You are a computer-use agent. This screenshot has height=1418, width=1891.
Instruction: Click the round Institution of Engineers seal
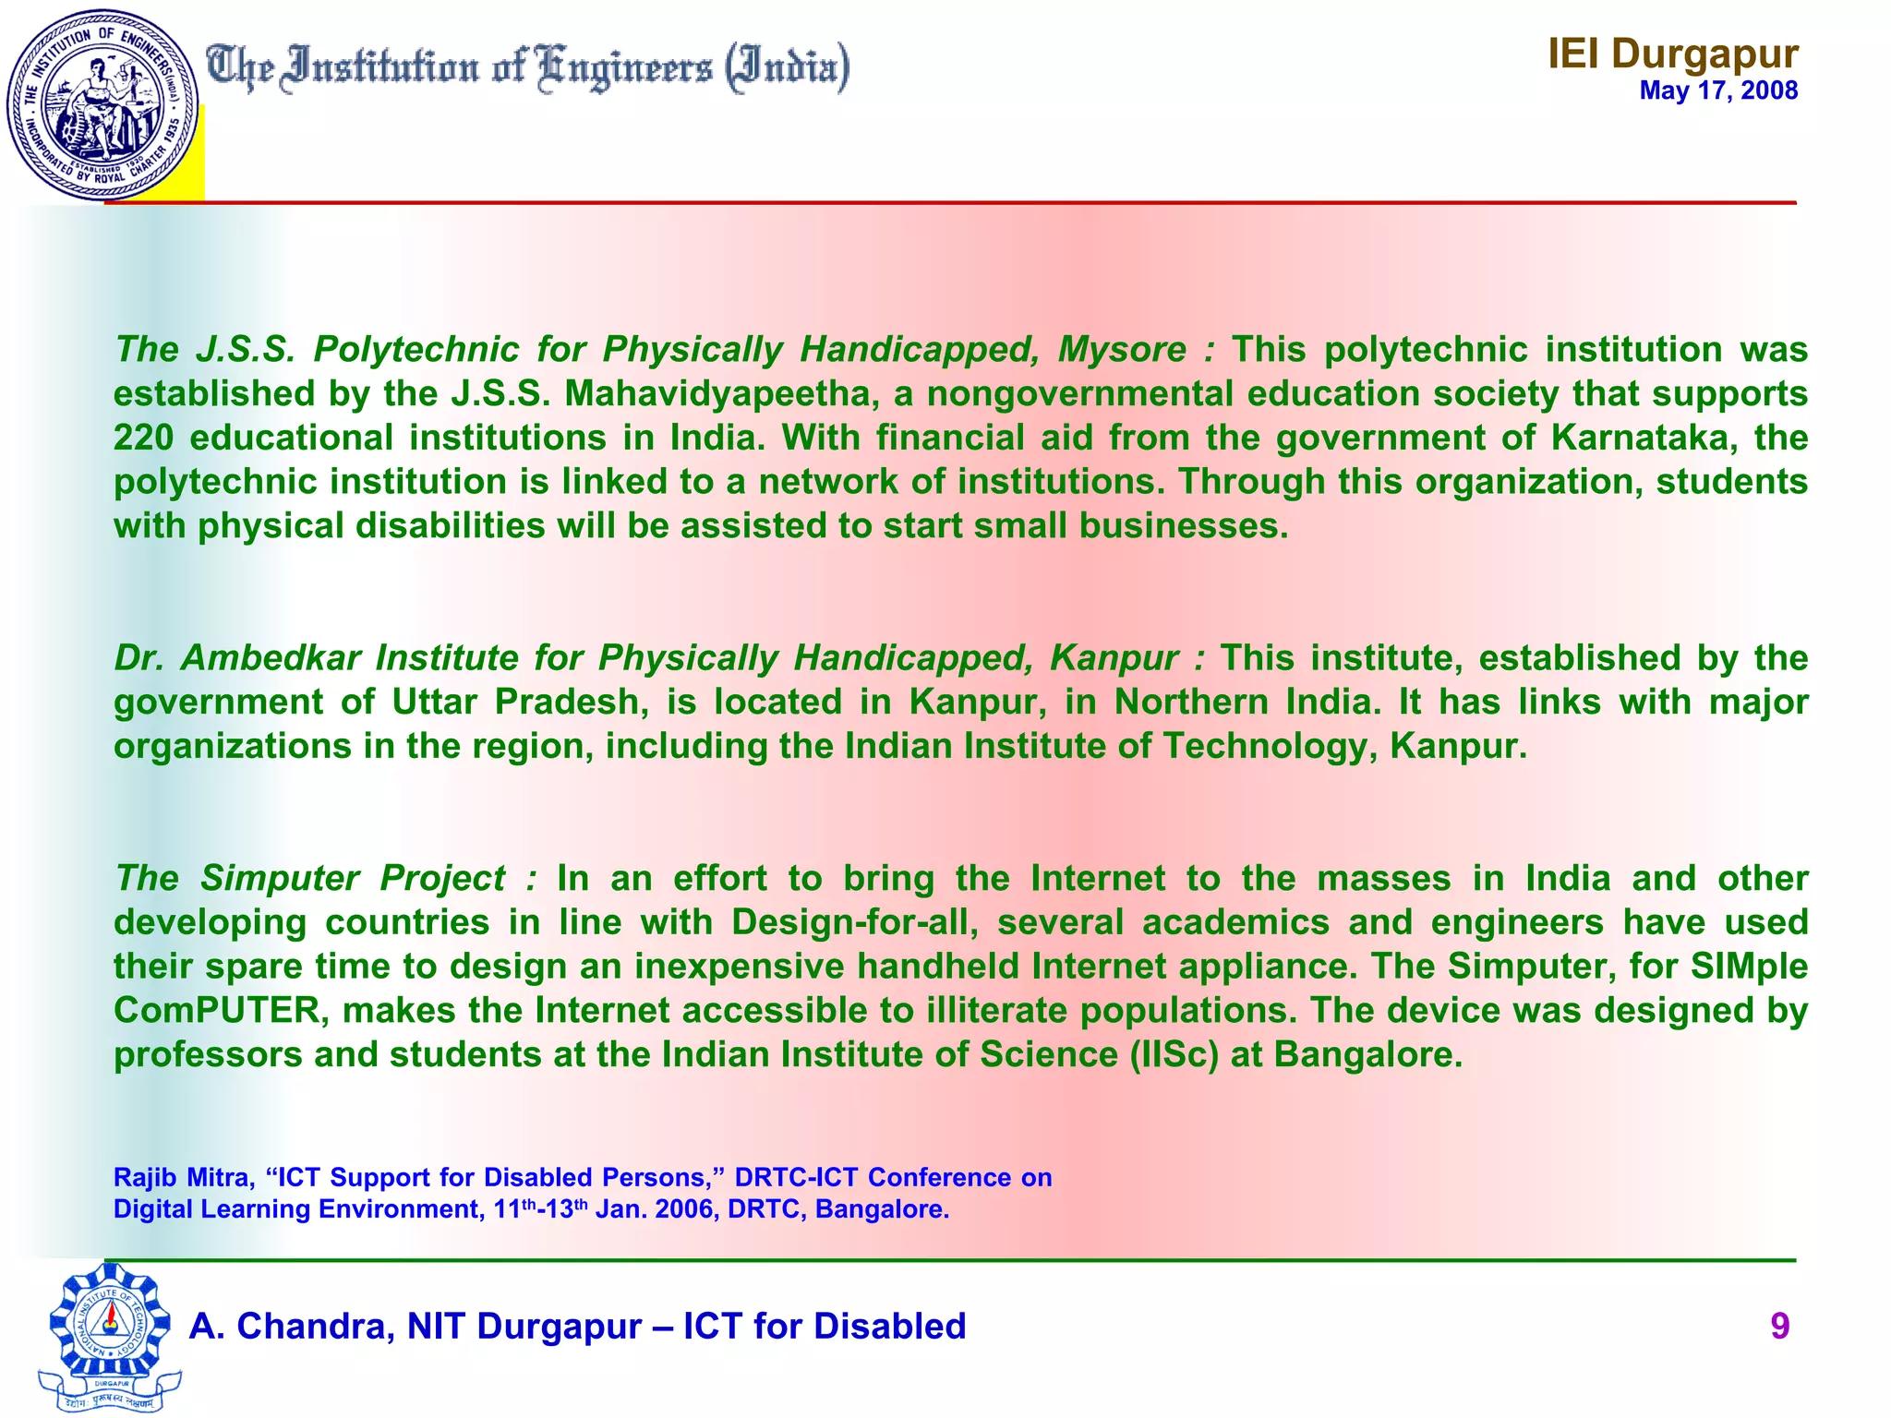102,104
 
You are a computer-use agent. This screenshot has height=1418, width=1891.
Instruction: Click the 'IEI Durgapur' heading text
1672,54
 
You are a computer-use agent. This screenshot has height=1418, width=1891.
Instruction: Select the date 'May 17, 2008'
1718,90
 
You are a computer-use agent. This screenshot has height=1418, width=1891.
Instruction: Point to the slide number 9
1779,1327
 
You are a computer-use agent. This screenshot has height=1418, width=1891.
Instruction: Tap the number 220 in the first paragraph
143,438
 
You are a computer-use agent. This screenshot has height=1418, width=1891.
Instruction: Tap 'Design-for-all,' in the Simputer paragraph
856,922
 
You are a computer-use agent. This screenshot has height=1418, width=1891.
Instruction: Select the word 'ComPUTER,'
222,1011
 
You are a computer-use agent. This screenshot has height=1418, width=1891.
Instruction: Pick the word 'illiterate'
997,1011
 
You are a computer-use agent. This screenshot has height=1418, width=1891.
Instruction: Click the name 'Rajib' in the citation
142,1178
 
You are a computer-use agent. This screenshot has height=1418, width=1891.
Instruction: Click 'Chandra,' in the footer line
310,1327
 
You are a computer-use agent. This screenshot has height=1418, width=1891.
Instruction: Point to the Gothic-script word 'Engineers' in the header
625,69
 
